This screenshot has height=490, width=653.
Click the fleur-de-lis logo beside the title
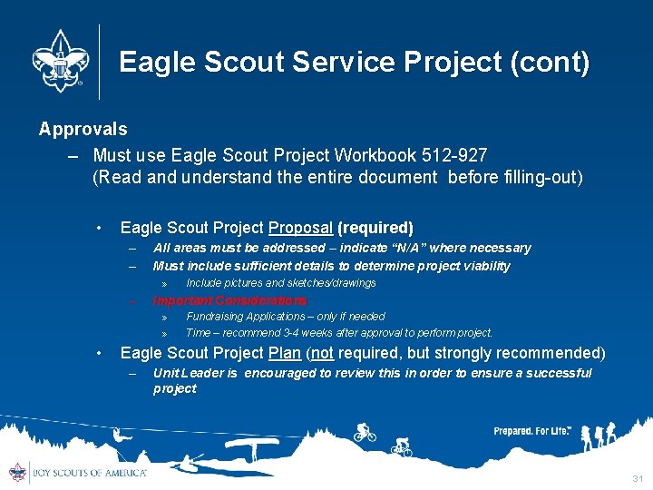pyautogui.click(x=62, y=62)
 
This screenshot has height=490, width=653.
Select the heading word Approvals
pyautogui.click(x=83, y=130)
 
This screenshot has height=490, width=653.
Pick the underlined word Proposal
pyautogui.click(x=300, y=228)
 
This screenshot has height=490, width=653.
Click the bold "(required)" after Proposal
pyautogui.click(x=375, y=228)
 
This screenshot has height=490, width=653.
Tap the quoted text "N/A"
pyautogui.click(x=408, y=248)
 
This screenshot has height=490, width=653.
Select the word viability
pyautogui.click(x=481, y=266)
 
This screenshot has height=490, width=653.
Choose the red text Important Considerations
pyautogui.click(x=230, y=300)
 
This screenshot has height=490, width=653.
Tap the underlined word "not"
pyautogui.click(x=324, y=353)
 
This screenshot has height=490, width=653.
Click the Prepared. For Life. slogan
pyautogui.click(x=532, y=431)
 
